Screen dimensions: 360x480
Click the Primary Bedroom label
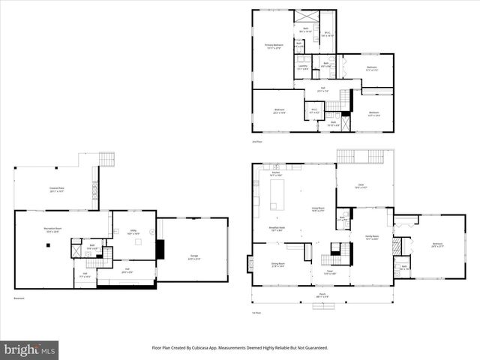[x=272, y=46]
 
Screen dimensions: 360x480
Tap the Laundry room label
[x=303, y=67]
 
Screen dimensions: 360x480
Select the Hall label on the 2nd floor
[x=322, y=90]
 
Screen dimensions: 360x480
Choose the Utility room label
[x=133, y=232]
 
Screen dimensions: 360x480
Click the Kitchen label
[x=276, y=174]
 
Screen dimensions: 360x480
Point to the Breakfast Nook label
[x=276, y=228]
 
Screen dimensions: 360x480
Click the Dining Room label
[x=278, y=265]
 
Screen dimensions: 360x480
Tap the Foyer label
[x=329, y=272]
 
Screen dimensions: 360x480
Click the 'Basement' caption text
[x=19, y=298]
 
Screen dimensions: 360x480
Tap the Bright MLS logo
[x=29, y=350]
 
